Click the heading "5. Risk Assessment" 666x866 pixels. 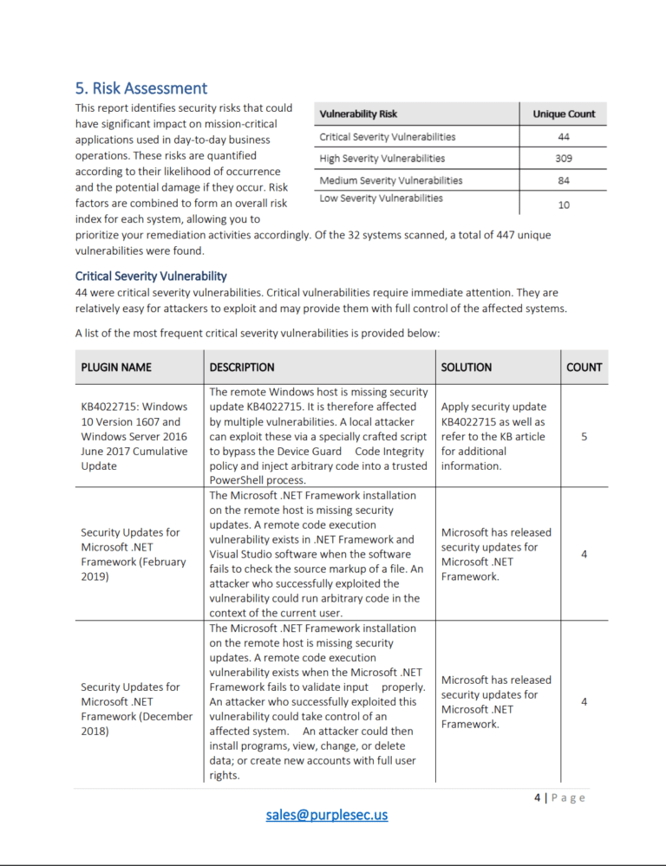141,88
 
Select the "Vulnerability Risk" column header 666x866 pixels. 358,114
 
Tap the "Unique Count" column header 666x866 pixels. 563,114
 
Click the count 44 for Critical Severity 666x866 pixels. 564,137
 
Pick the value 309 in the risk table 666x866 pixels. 564,159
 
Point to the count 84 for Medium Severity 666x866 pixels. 564,180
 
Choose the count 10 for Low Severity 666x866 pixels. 564,205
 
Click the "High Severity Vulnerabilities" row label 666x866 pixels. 382,159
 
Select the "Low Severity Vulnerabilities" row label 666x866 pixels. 381,199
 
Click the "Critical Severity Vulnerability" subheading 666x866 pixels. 151,277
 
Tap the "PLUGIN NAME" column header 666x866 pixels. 116,368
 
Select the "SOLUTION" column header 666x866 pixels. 466,368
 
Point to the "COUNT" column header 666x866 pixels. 584,368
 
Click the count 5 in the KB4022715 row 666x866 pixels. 584,437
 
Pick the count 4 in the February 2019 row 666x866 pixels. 584,554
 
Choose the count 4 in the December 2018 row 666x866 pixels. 584,701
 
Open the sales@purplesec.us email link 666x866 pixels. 327,815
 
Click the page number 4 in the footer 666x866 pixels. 538,798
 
